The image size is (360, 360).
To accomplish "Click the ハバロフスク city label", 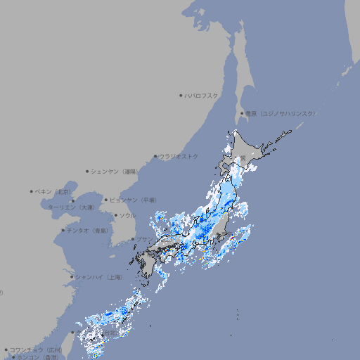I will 202,96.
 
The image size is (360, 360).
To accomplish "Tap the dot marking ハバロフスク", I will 181,96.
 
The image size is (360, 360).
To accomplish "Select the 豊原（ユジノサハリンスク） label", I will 280,113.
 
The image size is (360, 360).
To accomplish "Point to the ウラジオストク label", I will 179,156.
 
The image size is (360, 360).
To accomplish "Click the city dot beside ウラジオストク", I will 155,156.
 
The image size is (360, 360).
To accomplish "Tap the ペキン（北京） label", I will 54,191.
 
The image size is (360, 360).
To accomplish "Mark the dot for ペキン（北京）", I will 32,191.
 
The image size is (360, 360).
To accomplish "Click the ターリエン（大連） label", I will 71,207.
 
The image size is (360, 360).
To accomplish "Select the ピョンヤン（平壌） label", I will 134,200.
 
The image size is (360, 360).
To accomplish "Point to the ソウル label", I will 127,215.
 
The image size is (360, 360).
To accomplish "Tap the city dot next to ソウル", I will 115,215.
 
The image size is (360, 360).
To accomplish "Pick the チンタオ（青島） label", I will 88,230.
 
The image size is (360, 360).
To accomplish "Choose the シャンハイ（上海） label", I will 98,277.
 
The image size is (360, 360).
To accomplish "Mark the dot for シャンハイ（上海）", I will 72,277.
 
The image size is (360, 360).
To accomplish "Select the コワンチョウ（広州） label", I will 35,349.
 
